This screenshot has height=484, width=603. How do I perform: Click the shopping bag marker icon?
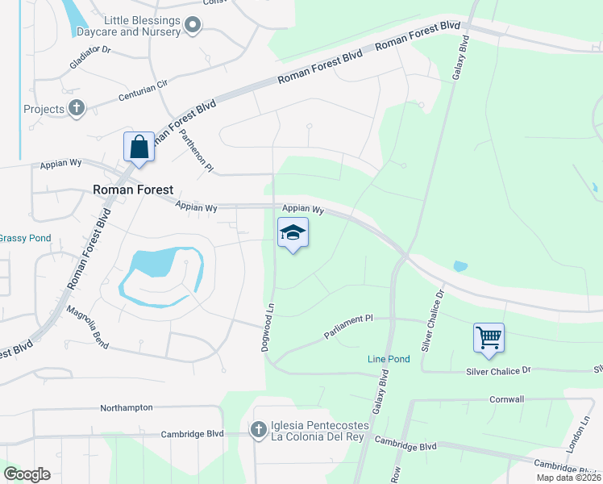pyautogui.click(x=139, y=148)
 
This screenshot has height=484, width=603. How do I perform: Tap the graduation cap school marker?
pyautogui.click(x=293, y=234)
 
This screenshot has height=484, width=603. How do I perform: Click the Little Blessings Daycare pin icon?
pyautogui.click(x=192, y=27)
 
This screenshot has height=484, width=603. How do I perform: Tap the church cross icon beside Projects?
pyautogui.click(x=77, y=108)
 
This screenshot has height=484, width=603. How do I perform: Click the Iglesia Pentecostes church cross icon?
pyautogui.click(x=259, y=430)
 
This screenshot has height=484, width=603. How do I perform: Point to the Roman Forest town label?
pyautogui.click(x=133, y=190)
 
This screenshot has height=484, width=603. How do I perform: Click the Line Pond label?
pyautogui.click(x=389, y=359)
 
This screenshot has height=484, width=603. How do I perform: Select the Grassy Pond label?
pyautogui.click(x=24, y=238)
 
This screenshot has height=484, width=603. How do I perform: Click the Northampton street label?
pyautogui.click(x=126, y=407)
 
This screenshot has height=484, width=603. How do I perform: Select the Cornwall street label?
pyautogui.click(x=506, y=399)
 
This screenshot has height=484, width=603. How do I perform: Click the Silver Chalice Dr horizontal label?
pyautogui.click(x=499, y=370)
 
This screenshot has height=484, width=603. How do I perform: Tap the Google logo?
pyautogui.click(x=27, y=474)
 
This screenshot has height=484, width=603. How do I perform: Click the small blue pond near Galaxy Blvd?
pyautogui.click(x=460, y=266)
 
